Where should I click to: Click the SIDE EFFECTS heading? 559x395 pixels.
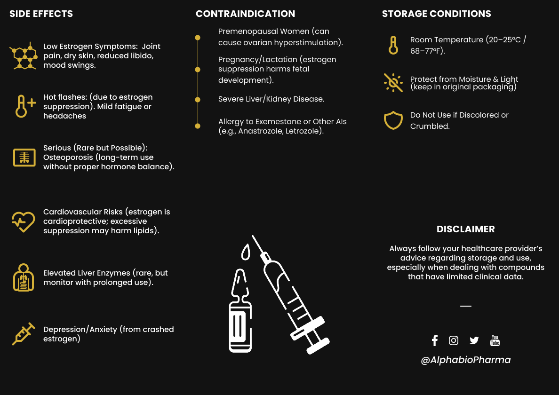41,14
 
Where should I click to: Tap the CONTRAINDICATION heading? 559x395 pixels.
245,14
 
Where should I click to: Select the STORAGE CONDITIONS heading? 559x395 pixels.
436,14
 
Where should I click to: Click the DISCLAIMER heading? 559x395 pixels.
465,229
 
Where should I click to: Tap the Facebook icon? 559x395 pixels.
434,340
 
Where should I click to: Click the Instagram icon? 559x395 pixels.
454,340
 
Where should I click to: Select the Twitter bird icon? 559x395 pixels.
474,340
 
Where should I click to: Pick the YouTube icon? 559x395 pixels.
495,340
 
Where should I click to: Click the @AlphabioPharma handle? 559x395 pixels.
465,360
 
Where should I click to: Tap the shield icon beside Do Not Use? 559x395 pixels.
393,120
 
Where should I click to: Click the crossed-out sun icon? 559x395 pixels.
393,82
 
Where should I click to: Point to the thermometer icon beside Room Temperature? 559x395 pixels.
393,45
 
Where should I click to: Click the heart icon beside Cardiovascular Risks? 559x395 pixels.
24,221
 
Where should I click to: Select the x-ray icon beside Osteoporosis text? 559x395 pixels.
24,158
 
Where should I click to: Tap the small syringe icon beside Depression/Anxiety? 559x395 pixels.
24,334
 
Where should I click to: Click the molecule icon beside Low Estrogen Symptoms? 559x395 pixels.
24,56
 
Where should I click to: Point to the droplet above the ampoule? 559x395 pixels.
245,252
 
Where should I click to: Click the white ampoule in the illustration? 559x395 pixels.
240,315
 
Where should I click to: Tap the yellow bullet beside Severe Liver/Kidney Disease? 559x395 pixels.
198,100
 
